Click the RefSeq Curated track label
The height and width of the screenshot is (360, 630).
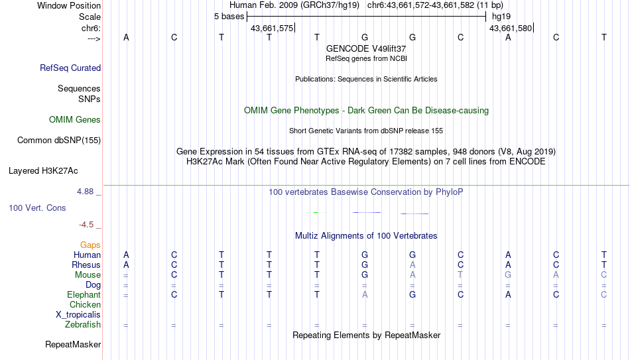click(70, 68)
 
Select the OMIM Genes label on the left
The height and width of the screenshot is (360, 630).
click(75, 120)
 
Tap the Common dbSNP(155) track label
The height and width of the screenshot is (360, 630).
click(59, 141)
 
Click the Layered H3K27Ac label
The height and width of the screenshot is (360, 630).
click(43, 171)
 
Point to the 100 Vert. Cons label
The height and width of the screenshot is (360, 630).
click(37, 208)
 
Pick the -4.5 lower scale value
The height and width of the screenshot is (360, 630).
click(86, 225)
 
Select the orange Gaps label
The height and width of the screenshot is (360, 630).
click(90, 245)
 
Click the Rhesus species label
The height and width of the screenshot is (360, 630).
click(86, 265)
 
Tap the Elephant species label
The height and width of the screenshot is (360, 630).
click(84, 294)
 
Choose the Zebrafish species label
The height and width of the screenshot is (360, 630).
click(83, 324)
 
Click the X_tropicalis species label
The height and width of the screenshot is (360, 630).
click(78, 315)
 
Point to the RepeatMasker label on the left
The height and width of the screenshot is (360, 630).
click(73, 344)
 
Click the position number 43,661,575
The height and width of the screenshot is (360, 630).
click(272, 28)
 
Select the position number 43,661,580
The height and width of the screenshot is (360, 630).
click(511, 28)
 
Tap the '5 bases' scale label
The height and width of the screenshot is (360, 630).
click(229, 17)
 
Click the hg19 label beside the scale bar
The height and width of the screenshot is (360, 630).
click(501, 17)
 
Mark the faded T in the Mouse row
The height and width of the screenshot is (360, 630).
click(460, 275)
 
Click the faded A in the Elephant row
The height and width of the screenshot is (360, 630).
click(365, 294)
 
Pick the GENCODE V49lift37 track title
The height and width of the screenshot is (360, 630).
click(366, 48)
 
